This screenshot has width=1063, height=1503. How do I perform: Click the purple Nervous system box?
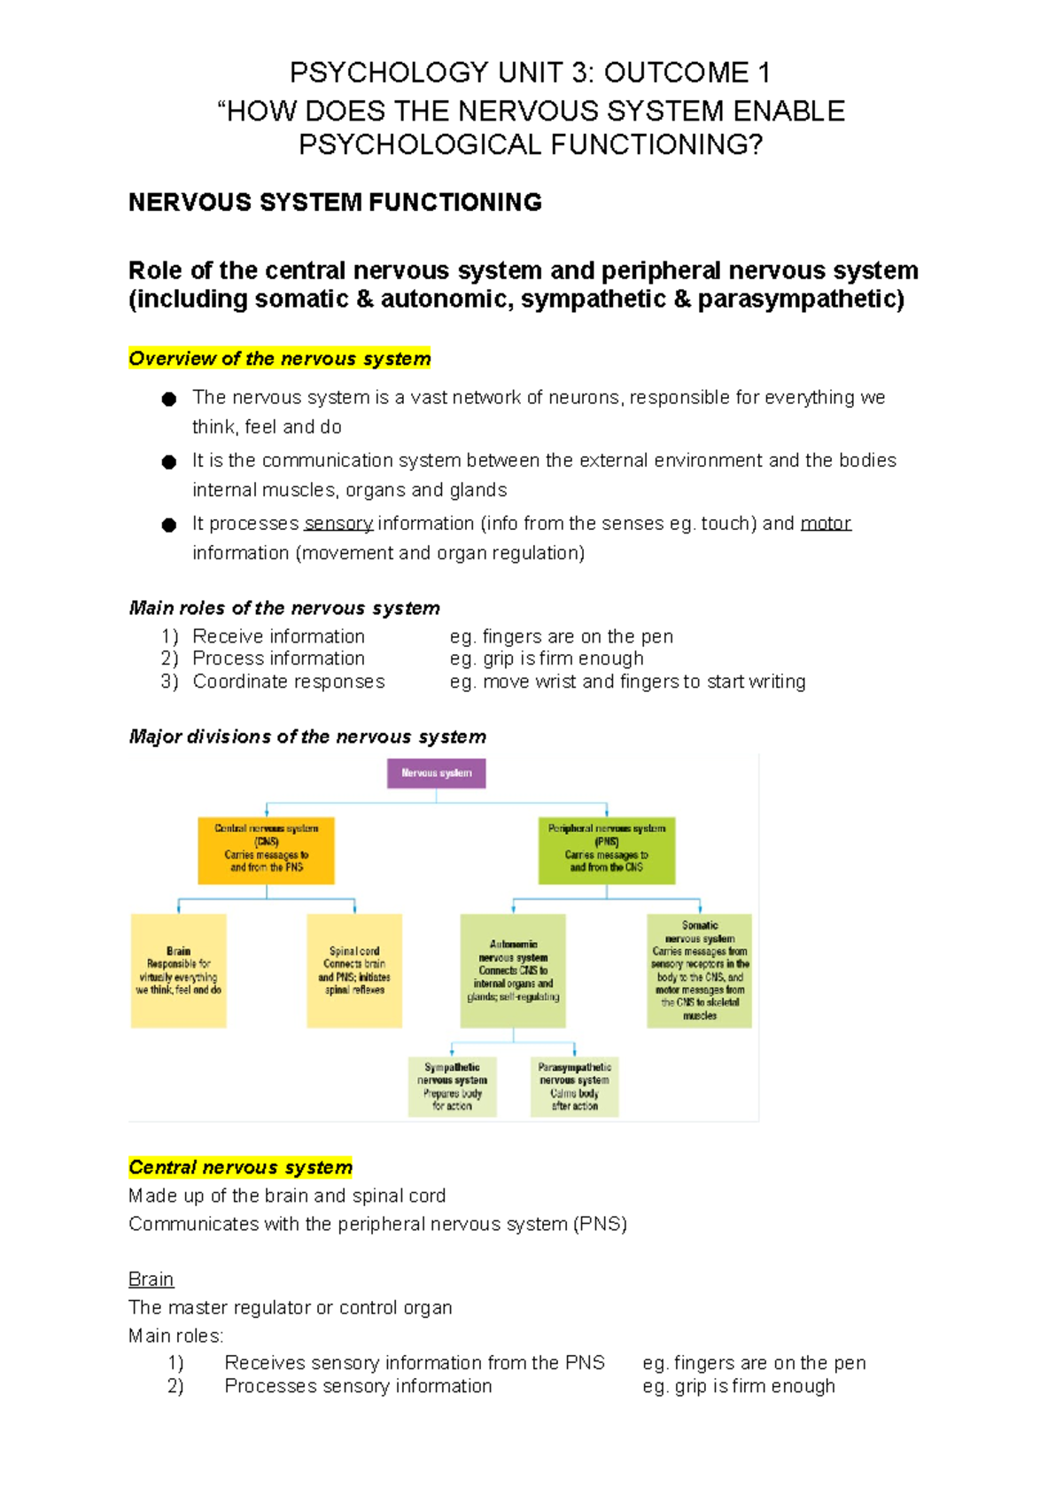[x=436, y=773]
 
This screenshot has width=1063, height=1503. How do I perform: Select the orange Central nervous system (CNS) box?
[x=266, y=850]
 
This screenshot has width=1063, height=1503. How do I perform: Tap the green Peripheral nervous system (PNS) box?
[x=607, y=850]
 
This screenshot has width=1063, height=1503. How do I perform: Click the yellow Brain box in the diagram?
[x=178, y=970]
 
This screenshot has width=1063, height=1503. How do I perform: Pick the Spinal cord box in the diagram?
[x=354, y=970]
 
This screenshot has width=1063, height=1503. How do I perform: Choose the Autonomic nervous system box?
[x=513, y=970]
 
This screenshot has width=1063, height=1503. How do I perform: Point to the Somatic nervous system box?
[x=699, y=970]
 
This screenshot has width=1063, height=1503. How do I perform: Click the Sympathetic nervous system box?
[x=452, y=1086]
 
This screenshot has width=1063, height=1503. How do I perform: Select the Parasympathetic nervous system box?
[x=574, y=1086]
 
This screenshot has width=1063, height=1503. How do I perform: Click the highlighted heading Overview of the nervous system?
[x=279, y=358]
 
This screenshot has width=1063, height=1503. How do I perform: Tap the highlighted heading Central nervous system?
[x=240, y=1167]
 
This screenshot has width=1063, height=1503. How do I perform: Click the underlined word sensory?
[x=338, y=524]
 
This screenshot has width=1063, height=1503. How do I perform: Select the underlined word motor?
[x=826, y=524]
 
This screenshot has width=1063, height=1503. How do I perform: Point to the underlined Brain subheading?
[x=151, y=1279]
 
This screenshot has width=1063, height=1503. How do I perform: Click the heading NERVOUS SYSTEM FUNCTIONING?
[x=335, y=203]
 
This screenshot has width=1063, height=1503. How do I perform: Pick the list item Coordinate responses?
[x=289, y=681]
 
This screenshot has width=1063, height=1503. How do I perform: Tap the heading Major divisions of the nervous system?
[x=307, y=736]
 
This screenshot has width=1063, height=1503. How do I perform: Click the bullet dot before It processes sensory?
[x=169, y=525]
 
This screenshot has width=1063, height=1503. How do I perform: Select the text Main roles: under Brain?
[x=176, y=1336]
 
